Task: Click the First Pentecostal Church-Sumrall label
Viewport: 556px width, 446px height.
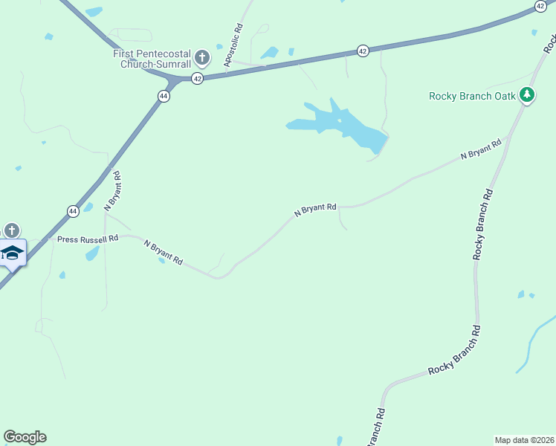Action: pyautogui.click(x=152, y=59)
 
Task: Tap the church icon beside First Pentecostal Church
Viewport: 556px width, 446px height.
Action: pyautogui.click(x=201, y=57)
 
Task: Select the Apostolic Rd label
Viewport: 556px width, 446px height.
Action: pyautogui.click(x=233, y=47)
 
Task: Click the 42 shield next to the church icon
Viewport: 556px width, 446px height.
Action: pyautogui.click(x=197, y=77)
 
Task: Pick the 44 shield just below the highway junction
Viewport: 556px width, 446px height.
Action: pyautogui.click(x=164, y=95)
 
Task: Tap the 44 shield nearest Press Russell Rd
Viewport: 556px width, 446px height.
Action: pyautogui.click(x=73, y=211)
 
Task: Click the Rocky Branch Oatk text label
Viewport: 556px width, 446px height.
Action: pyautogui.click(x=472, y=96)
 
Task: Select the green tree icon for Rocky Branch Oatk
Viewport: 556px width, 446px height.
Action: pyautogui.click(x=527, y=94)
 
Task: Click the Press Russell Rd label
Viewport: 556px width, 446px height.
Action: pyautogui.click(x=88, y=239)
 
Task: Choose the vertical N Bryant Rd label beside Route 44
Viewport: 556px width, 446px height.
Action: pyautogui.click(x=112, y=191)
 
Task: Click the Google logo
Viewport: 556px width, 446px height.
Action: pyautogui.click(x=25, y=437)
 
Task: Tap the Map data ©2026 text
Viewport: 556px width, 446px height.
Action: pyautogui.click(x=524, y=440)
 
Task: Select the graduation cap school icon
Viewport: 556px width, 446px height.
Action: pyautogui.click(x=12, y=253)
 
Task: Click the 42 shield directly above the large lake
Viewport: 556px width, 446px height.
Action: pyautogui.click(x=362, y=51)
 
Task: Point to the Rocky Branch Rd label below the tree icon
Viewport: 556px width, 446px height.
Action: pyautogui.click(x=482, y=223)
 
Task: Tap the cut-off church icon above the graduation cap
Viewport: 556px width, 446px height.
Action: pyautogui.click(x=11, y=230)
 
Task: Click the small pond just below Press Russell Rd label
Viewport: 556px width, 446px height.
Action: pyautogui.click(x=92, y=254)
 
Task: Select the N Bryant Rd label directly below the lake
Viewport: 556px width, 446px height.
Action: pyautogui.click(x=315, y=210)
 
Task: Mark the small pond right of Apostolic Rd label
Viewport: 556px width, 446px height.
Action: pyautogui.click(x=269, y=53)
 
